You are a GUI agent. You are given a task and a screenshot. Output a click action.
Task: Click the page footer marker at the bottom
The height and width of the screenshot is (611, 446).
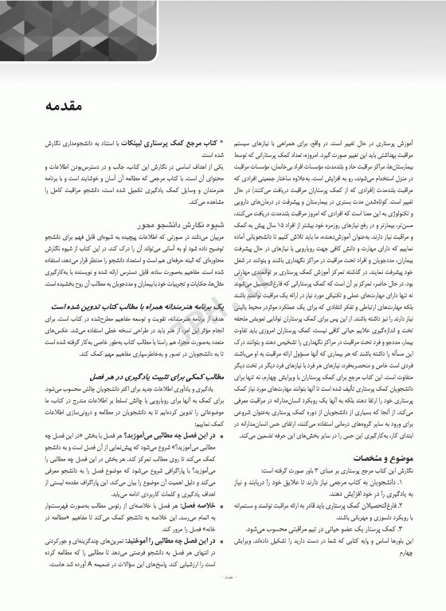223,600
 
